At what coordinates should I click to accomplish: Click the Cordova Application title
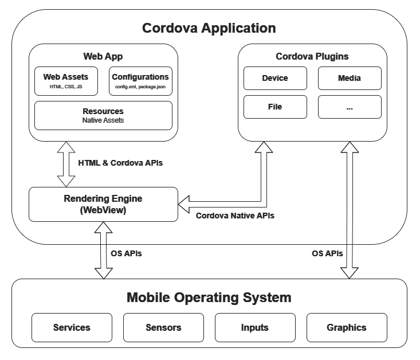click(209, 28)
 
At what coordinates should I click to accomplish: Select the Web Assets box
click(66, 81)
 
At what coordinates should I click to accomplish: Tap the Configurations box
click(140, 81)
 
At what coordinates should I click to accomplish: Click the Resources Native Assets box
click(103, 116)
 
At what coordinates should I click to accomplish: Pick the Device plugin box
click(275, 79)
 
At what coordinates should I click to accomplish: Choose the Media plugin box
click(350, 79)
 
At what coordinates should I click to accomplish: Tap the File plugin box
click(275, 107)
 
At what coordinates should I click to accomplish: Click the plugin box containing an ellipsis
click(350, 107)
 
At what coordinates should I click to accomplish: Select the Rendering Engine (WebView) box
click(103, 204)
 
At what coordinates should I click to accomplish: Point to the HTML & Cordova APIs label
click(120, 163)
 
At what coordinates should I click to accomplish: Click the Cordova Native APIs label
click(235, 216)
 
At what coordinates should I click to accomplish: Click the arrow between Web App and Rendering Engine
click(66, 164)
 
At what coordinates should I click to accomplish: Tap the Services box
click(72, 327)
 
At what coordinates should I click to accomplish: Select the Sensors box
click(163, 327)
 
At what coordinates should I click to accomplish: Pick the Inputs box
click(255, 327)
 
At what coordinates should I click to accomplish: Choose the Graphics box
click(347, 327)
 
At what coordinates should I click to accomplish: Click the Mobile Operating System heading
click(209, 298)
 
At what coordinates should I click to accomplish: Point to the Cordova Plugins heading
click(312, 57)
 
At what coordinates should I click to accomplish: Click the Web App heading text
click(103, 57)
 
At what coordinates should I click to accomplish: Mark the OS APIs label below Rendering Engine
click(126, 253)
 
